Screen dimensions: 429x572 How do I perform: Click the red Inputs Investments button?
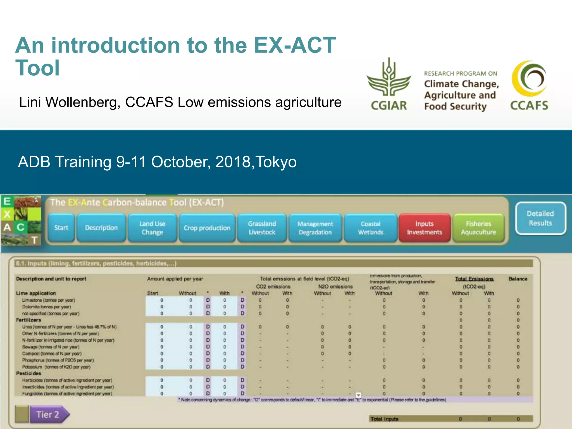point(424,228)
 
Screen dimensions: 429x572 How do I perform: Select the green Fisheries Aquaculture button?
point(478,228)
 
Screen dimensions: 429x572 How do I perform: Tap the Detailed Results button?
point(540,218)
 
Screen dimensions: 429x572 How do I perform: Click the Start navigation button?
point(61,228)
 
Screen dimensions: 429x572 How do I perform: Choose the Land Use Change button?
point(152,228)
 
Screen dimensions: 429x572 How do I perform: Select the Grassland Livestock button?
point(262,228)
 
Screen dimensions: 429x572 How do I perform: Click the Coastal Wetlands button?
point(370,228)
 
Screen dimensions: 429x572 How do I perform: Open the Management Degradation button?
point(315,228)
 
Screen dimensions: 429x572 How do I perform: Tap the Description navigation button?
point(101,228)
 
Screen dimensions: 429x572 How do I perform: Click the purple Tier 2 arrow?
point(49,414)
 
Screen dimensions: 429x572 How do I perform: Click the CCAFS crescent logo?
point(529,78)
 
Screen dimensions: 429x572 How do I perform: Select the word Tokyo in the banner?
point(276,162)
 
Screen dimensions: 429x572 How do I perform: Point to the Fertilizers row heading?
point(28,320)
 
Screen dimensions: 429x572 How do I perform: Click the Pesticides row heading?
point(28,373)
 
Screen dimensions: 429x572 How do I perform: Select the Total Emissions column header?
point(474,279)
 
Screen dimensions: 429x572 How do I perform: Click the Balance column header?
point(518,279)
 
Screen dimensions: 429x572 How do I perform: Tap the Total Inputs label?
point(384,419)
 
